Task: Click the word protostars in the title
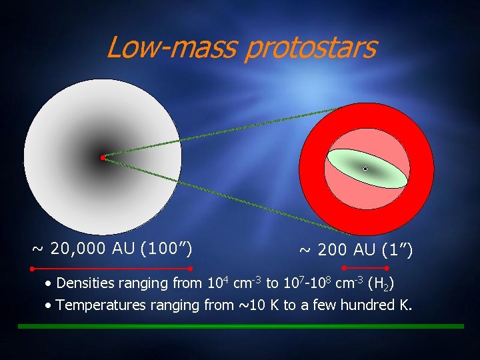pyautogui.click(x=311, y=48)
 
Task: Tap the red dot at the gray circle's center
pyautogui.click(x=103, y=158)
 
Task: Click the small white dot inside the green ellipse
pyautogui.click(x=365, y=169)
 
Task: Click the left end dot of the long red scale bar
pyautogui.click(x=32, y=269)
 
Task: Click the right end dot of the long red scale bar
pyautogui.click(x=191, y=269)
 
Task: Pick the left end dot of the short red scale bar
pyautogui.click(x=343, y=268)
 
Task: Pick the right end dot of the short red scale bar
pyautogui.click(x=387, y=268)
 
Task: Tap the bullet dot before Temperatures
pyautogui.click(x=49, y=307)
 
